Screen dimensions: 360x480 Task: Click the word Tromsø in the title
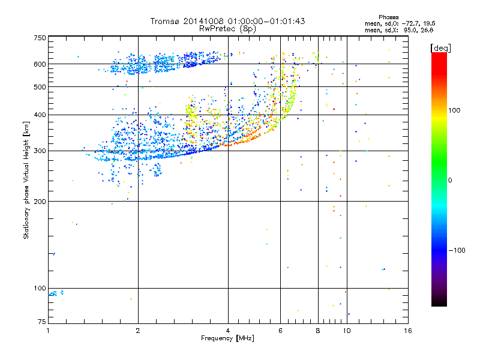pos(164,21)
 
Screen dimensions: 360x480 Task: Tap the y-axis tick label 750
pos(40,38)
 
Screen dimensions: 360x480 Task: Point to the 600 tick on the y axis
pos(40,64)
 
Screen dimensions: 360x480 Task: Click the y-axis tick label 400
pos(40,115)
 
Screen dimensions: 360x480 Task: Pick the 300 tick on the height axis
pos(40,151)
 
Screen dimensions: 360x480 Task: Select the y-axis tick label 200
pos(40,202)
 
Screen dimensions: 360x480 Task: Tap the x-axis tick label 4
pos(228,331)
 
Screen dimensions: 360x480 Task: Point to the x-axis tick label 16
pos(407,331)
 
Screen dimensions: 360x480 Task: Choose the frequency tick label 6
pos(281,331)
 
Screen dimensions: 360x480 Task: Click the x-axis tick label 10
pos(347,331)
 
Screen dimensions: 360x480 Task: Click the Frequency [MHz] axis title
pos(228,338)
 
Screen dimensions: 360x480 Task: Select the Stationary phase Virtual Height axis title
pos(26,180)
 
